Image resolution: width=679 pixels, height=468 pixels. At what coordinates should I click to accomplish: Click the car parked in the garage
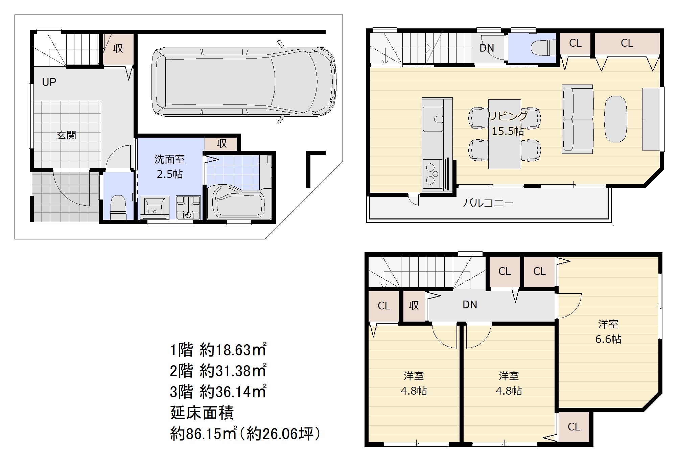tap(243, 82)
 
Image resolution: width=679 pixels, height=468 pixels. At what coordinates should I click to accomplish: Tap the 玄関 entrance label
tap(66, 135)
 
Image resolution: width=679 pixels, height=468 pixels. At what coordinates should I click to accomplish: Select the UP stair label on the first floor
tap(49, 82)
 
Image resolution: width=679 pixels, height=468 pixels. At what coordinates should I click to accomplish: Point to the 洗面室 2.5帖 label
tap(169, 166)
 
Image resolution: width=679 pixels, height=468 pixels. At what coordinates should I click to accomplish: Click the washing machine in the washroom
tap(188, 208)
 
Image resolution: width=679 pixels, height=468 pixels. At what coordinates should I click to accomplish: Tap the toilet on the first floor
tap(118, 207)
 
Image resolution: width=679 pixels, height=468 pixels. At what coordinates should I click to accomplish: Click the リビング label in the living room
tap(508, 116)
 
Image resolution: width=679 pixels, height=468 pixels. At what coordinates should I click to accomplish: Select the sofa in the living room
tap(578, 119)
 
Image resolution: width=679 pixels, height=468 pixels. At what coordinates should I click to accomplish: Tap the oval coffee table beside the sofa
tap(615, 119)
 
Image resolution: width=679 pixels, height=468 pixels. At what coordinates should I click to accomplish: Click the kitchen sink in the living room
tap(433, 119)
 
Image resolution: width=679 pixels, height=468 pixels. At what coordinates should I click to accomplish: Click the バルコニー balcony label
tap(488, 203)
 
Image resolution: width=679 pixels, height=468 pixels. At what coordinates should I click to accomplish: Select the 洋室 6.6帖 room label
tap(608, 332)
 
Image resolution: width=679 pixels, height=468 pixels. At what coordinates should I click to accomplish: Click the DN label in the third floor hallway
tap(470, 305)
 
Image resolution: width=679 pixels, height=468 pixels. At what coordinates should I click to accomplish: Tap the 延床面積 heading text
tap(202, 413)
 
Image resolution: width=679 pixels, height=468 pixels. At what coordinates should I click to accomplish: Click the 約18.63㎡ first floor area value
tap(233, 350)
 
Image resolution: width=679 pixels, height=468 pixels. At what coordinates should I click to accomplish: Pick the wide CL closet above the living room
tap(627, 43)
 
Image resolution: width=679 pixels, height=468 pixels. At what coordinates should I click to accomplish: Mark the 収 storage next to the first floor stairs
tap(118, 49)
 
